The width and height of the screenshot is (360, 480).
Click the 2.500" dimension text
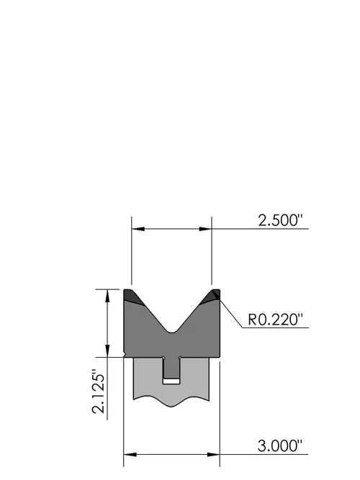[x=280, y=220]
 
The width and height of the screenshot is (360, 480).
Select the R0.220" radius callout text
[x=275, y=320]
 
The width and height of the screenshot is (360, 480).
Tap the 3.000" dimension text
[x=280, y=446]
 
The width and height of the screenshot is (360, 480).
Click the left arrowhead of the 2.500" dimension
[x=138, y=229]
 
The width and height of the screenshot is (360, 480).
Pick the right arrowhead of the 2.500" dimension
[x=205, y=229]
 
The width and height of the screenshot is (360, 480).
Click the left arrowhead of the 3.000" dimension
[x=130, y=455]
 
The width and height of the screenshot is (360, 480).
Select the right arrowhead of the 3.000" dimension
[x=213, y=455]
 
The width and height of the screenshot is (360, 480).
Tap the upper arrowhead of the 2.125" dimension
[x=107, y=296]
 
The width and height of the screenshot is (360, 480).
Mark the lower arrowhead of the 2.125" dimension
[x=107, y=350]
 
